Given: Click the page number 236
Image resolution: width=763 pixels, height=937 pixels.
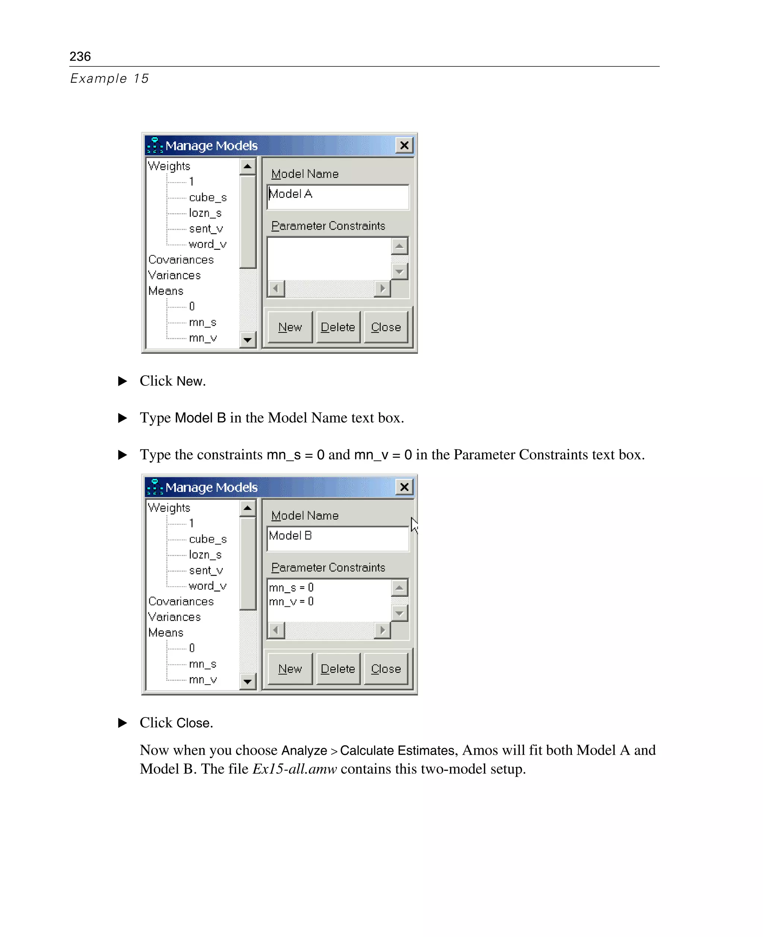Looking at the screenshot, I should [80, 56].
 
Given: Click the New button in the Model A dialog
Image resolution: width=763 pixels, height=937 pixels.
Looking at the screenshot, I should [289, 327].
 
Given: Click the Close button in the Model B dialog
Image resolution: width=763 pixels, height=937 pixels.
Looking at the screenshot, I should [386, 669].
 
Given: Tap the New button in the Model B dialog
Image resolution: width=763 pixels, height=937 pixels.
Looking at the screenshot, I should [289, 669].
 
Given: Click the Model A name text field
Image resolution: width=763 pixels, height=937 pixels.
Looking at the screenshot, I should [338, 196].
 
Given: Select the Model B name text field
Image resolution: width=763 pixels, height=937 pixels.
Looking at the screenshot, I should [338, 538].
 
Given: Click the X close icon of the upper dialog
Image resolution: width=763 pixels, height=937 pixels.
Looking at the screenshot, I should [404, 145].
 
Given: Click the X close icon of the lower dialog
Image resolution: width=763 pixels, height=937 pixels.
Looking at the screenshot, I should [404, 487].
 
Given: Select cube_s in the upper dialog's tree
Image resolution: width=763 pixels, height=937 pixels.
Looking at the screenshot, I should [208, 198].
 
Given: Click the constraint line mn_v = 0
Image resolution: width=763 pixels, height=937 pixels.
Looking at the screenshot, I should [291, 602].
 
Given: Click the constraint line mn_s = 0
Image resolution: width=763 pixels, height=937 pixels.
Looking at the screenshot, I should [291, 587].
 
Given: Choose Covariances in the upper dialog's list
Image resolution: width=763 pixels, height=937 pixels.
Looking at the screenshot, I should [181, 259].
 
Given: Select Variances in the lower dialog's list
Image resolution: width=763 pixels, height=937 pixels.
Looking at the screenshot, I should [174, 617].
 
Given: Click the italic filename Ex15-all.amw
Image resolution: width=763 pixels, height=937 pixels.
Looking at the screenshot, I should [294, 769].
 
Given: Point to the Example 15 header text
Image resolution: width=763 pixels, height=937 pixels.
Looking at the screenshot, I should [110, 78].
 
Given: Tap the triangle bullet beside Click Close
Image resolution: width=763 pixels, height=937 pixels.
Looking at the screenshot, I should [123, 723].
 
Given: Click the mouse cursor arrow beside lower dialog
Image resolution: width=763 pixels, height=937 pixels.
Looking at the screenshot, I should [414, 524].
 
